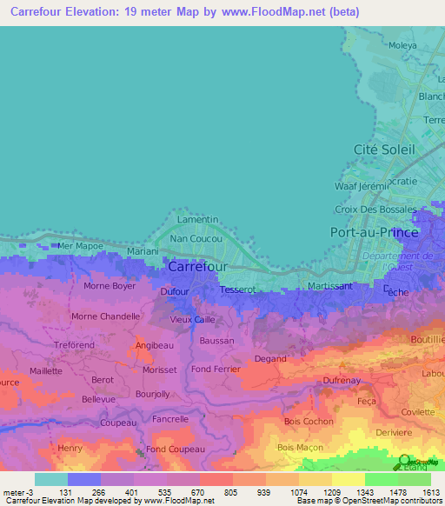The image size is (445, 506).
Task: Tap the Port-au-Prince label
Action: [x=375, y=232]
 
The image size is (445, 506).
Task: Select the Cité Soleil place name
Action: [x=384, y=150]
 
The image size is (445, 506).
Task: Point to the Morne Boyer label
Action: [x=110, y=285]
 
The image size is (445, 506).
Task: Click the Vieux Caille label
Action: [x=192, y=319]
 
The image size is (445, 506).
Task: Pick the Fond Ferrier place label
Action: [x=215, y=369]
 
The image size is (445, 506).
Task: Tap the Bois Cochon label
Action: [x=309, y=422]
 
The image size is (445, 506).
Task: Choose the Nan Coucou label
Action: [x=196, y=237]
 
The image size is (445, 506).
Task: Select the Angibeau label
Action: [x=154, y=346]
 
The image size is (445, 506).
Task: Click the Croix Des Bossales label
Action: [x=376, y=210]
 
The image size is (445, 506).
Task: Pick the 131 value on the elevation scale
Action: [x=66, y=491]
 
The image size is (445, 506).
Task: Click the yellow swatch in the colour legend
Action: [x=348, y=479]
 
